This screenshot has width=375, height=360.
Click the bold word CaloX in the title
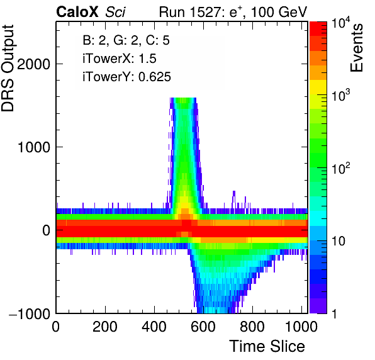point(77,12)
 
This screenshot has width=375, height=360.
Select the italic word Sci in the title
point(115,12)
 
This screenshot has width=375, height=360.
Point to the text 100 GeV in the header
point(279,12)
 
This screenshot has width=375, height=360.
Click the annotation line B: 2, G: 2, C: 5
point(126,40)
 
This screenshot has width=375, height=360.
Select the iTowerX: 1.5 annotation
point(120,59)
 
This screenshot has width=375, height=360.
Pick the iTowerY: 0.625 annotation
point(126,77)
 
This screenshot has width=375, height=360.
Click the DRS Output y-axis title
point(8,68)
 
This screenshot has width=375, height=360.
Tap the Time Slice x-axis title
point(267,346)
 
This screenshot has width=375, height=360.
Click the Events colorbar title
point(357,48)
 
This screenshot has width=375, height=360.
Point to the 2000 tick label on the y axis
point(34,64)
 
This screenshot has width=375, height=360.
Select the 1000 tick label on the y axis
point(34,147)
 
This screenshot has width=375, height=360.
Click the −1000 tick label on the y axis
point(30,313)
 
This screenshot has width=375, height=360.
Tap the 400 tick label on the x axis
point(154,326)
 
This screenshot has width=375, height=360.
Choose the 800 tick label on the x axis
point(252,326)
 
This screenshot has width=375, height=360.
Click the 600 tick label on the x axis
point(203,326)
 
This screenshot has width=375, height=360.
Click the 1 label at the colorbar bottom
point(335,313)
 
